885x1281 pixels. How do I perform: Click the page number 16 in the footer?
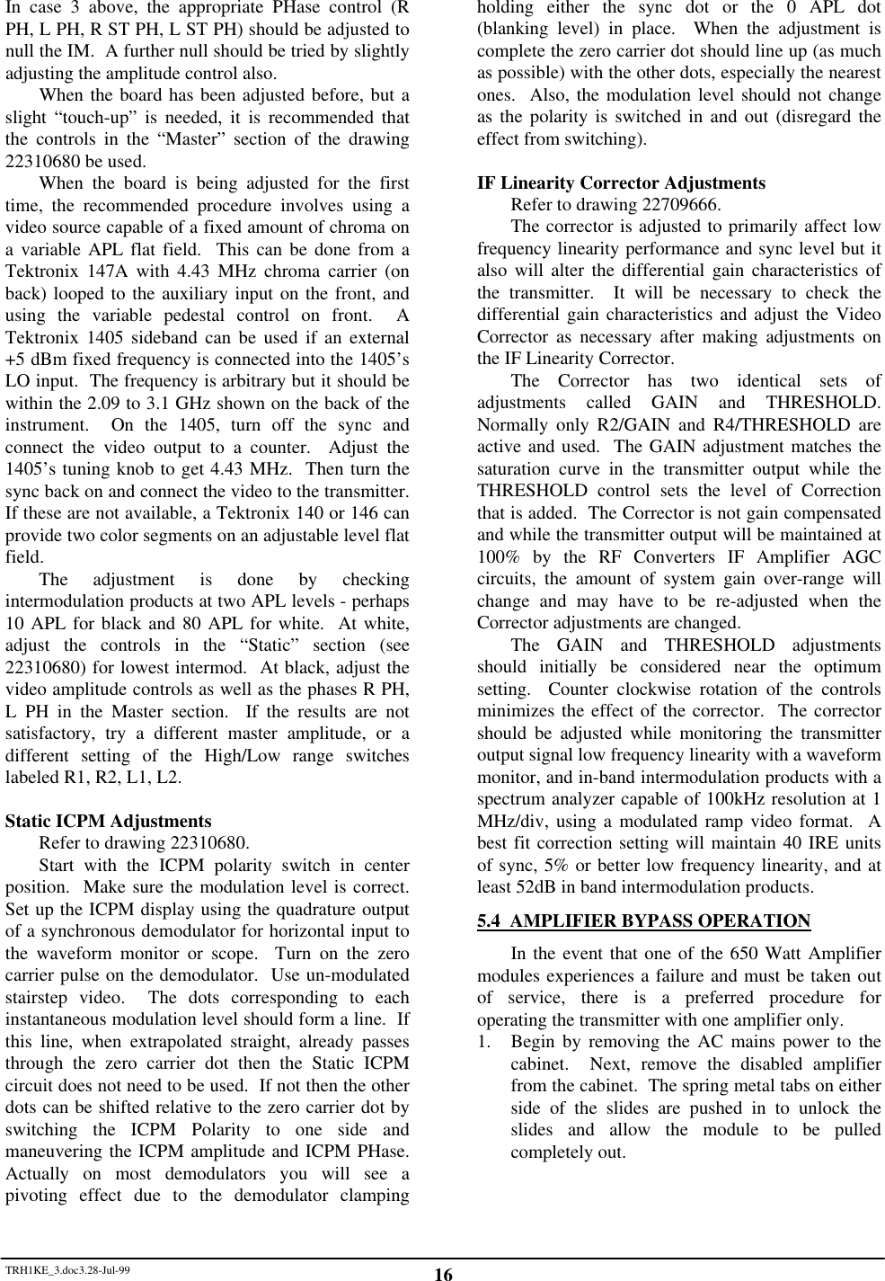click(443, 1274)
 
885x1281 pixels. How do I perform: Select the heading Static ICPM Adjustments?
click(109, 821)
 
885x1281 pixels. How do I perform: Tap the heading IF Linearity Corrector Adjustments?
click(621, 182)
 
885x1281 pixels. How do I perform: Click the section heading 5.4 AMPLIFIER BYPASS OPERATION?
click(643, 921)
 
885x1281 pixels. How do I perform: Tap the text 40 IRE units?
click(827, 843)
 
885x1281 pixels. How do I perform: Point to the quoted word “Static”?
click(267, 645)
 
